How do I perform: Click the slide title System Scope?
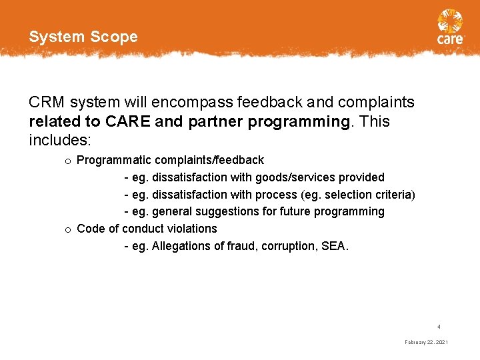[83, 37]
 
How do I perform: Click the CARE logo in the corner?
[450, 27]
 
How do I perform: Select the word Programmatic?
[113, 160]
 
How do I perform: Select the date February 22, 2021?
[426, 342]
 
